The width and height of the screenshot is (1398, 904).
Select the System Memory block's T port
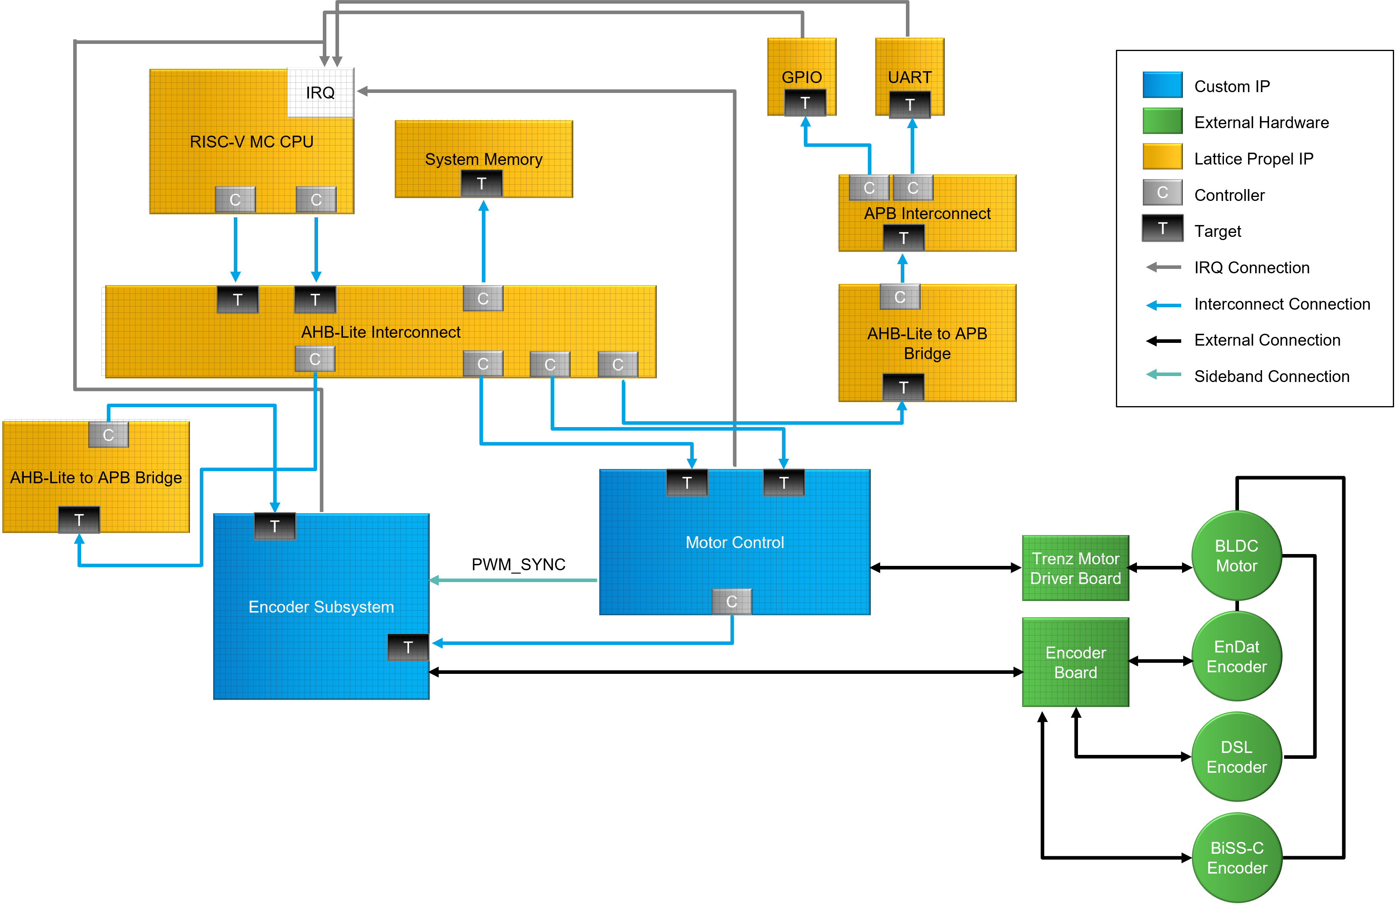tap(481, 184)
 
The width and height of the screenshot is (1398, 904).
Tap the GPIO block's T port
tap(805, 103)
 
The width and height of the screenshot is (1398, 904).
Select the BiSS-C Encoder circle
tap(1237, 858)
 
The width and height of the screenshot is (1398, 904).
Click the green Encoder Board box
tap(1075, 662)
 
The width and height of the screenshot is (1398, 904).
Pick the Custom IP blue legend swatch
tap(1162, 85)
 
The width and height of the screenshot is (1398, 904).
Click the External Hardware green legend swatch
tap(1162, 121)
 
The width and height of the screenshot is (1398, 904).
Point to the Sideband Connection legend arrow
tap(1163, 374)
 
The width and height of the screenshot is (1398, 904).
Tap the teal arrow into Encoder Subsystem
tap(511, 580)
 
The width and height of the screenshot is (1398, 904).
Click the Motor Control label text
tap(735, 543)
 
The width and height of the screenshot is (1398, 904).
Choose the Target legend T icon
tap(1162, 228)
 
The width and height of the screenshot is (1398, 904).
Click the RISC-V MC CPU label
tap(251, 142)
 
